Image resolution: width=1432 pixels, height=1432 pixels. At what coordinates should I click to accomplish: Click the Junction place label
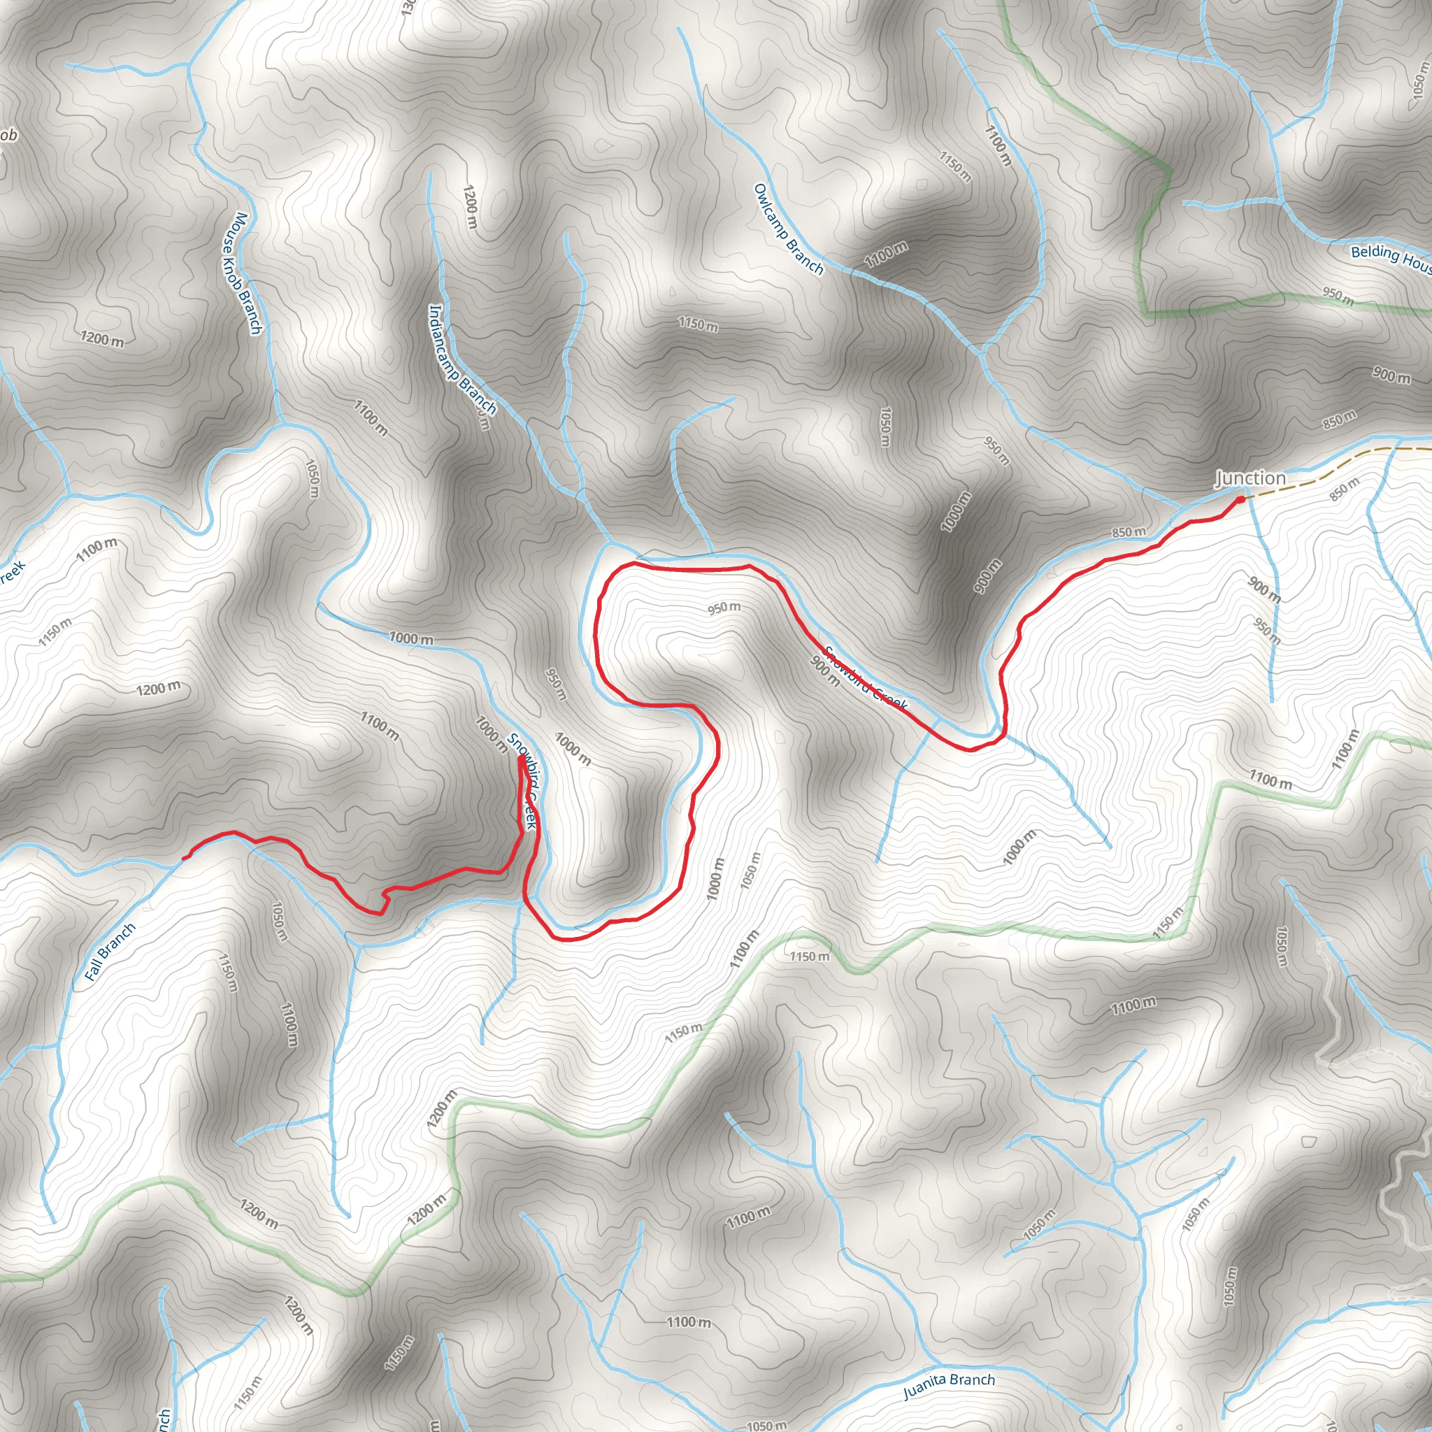click(1250, 478)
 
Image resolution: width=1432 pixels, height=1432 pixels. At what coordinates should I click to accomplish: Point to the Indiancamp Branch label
click(462, 359)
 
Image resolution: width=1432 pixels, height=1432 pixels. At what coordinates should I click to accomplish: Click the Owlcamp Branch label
click(789, 229)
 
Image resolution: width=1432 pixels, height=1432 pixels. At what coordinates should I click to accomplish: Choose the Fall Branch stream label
click(110, 952)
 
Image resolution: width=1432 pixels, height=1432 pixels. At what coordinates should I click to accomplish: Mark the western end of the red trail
click(183, 859)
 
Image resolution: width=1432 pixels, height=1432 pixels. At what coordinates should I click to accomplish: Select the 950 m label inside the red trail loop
click(724, 608)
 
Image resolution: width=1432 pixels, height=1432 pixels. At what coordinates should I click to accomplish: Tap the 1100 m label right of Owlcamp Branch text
click(886, 255)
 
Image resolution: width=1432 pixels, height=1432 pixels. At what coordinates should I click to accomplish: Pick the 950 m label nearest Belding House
click(1338, 296)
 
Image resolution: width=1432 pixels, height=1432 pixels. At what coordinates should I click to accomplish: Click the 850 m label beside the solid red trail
click(1128, 532)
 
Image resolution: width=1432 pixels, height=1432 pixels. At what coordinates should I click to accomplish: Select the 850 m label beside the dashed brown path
click(1344, 489)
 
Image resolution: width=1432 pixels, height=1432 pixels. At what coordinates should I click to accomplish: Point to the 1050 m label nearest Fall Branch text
click(280, 921)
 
